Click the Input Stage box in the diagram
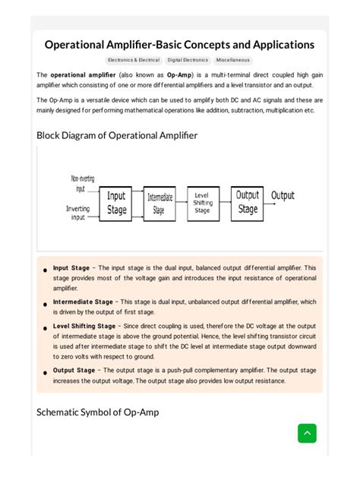coord(116,203)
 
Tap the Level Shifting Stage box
coord(202,203)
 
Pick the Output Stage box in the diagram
coord(248,203)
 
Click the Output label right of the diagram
coord(283,195)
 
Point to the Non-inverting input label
coord(82,183)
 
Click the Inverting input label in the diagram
coord(77,213)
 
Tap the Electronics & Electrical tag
coord(133,60)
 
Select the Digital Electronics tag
coord(188,60)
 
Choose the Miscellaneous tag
coord(232,60)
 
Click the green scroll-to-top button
coord(307,433)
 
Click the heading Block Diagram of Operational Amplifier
coord(117,135)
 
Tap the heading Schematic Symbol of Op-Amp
coord(98,412)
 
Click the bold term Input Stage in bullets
coord(71,268)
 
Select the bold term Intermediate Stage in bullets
coord(83,302)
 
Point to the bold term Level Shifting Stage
coord(84,326)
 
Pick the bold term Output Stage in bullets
coord(74,371)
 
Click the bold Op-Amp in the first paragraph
coord(179,75)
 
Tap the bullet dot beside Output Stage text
coord(46,371)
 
